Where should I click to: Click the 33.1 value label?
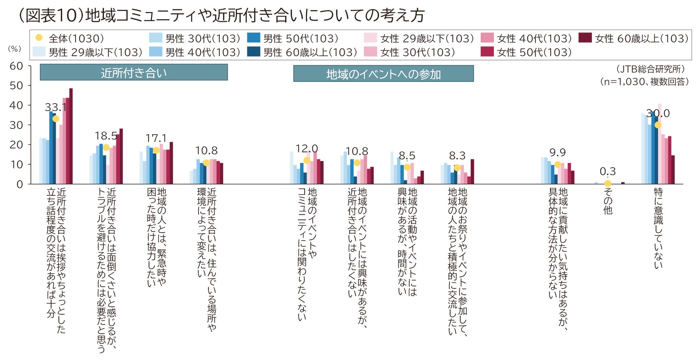click(x=56, y=107)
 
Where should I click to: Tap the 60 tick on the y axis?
click(x=16, y=66)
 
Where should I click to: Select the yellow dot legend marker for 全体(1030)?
click(x=39, y=38)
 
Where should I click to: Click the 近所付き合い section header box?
click(x=133, y=72)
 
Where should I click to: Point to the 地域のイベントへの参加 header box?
click(x=383, y=74)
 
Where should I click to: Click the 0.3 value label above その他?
click(x=607, y=171)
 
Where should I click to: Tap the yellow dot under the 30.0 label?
click(x=658, y=125)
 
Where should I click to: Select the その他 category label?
click(x=608, y=201)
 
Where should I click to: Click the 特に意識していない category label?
click(x=658, y=228)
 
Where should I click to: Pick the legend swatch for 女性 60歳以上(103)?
click(x=585, y=38)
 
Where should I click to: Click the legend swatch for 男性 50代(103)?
click(x=253, y=38)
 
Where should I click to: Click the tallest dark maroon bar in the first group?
click(x=71, y=136)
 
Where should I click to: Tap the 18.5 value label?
click(x=106, y=136)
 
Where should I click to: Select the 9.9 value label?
click(x=558, y=153)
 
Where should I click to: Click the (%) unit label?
click(x=15, y=49)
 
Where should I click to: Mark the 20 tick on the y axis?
click(x=16, y=145)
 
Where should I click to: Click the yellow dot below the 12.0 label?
click(x=307, y=161)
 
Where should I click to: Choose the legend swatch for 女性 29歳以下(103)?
click(x=370, y=38)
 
